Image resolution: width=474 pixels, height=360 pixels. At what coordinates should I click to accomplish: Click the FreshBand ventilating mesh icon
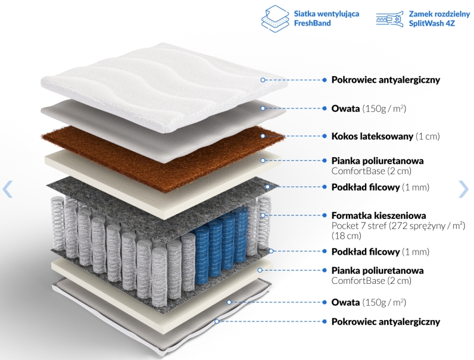click(275, 18)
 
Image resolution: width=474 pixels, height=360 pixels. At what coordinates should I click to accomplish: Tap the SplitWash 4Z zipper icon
click(389, 18)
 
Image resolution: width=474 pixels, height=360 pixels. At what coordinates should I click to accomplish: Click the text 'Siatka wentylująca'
click(326, 14)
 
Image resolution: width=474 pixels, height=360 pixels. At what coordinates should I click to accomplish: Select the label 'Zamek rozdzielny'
click(439, 14)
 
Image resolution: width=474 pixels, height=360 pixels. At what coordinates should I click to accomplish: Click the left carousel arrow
click(7, 189)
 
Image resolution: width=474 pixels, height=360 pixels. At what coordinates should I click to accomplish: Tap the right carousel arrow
click(463, 189)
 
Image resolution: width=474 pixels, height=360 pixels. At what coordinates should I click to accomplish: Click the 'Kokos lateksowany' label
click(372, 136)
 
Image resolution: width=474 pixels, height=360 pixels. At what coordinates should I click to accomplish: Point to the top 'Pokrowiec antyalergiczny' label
click(386, 80)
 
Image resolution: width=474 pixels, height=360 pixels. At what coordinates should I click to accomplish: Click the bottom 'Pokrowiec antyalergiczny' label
click(386, 322)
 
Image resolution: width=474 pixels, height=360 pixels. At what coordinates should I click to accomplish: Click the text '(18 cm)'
click(347, 236)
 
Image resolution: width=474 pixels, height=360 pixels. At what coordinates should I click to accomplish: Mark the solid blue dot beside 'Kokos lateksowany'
click(325, 136)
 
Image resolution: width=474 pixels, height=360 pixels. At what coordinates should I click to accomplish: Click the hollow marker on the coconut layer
click(263, 136)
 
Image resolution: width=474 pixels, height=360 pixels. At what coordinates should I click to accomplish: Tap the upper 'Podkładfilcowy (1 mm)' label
click(381, 187)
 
